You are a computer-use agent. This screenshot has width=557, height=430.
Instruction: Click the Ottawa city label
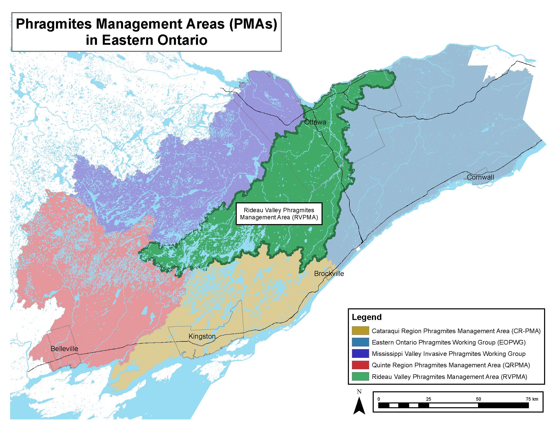pyautogui.click(x=315, y=122)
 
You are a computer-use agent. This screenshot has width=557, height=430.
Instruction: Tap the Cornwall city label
pyautogui.click(x=480, y=177)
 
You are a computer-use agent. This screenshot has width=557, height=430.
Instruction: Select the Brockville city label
pyautogui.click(x=329, y=274)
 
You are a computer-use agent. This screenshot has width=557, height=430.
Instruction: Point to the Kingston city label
pyautogui.click(x=202, y=336)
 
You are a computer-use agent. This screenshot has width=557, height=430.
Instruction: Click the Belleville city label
pyautogui.click(x=64, y=349)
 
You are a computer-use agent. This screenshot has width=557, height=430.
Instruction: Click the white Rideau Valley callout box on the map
pyautogui.click(x=279, y=214)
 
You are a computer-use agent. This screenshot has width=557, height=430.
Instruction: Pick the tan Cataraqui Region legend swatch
pyautogui.click(x=360, y=331)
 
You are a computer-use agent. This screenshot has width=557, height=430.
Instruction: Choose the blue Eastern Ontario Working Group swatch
pyautogui.click(x=360, y=342)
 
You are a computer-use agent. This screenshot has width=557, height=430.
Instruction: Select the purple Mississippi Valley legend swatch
pyautogui.click(x=360, y=354)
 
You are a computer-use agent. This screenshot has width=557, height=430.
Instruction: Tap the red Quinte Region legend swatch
pyautogui.click(x=360, y=365)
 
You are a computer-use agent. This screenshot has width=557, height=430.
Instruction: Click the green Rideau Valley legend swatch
pyautogui.click(x=360, y=377)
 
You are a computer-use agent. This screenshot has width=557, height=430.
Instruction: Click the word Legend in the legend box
pyautogui.click(x=367, y=317)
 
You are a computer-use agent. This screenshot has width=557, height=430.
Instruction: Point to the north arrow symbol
pyautogui.click(x=359, y=406)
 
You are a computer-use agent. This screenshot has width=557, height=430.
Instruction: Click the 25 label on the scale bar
pyautogui.click(x=428, y=399)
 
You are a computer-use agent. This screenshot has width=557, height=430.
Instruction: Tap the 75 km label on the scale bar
pyautogui.click(x=532, y=399)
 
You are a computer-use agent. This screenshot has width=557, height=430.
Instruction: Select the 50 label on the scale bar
pyautogui.click(x=478, y=399)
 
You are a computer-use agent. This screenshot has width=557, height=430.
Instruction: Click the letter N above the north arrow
pyautogui.click(x=359, y=392)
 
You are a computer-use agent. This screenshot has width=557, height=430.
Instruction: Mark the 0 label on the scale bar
pyautogui.click(x=379, y=399)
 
